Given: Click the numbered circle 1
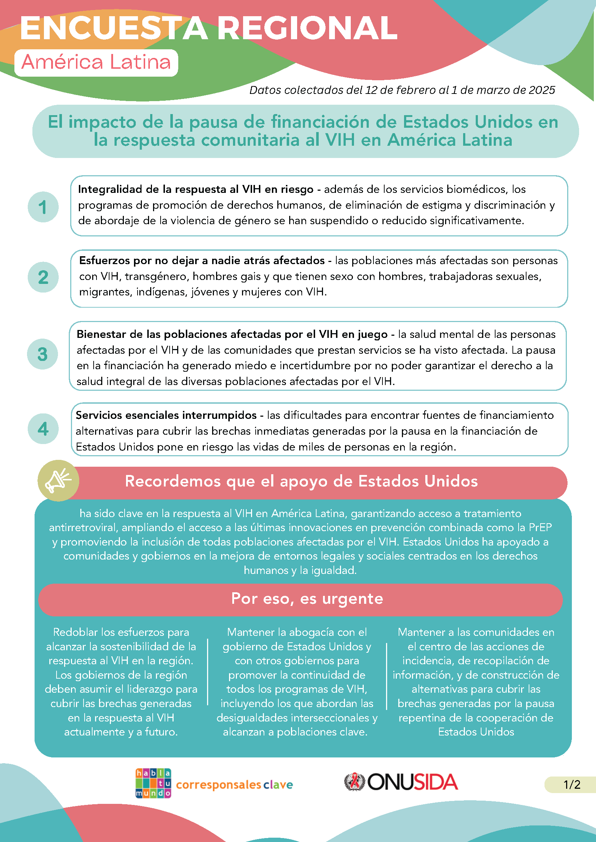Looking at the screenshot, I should click(43, 207).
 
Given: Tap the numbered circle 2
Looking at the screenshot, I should click(43, 277).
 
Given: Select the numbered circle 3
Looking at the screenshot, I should click(42, 354).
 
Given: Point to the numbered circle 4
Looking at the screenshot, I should click(43, 429).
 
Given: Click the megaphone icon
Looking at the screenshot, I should click(58, 480).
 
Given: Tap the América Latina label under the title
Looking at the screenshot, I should click(96, 62).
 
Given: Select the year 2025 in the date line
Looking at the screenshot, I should click(541, 90).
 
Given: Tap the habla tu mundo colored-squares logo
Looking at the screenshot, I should click(153, 783).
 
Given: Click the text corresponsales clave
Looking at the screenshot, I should click(234, 785).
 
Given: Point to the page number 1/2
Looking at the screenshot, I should click(572, 784).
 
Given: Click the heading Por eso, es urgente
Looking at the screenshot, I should click(307, 599).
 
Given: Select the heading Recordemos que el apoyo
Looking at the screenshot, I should click(301, 481).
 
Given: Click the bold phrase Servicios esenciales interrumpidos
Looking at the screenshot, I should click(166, 415).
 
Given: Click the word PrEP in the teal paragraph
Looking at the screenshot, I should click(540, 528).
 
